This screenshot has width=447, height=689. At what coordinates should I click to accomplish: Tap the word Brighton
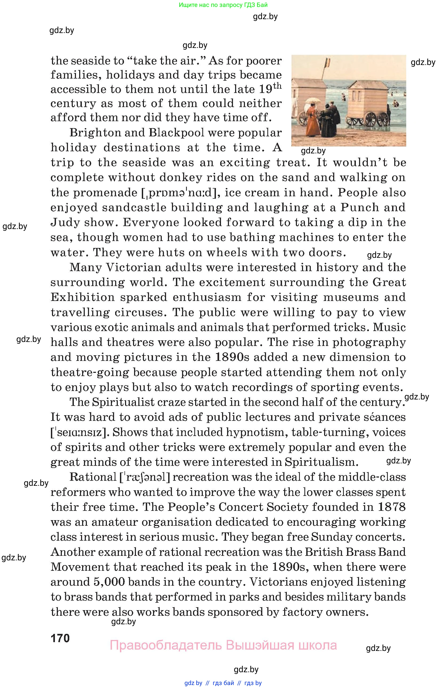point(90,133)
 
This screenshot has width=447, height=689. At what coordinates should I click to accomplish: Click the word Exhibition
point(83,297)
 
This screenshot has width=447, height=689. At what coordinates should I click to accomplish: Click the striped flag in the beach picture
point(328,62)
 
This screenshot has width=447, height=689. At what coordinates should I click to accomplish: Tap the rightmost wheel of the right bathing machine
point(383,119)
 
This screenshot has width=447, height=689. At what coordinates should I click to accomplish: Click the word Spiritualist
point(124,402)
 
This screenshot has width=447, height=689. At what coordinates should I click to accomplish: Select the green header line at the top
point(223,5)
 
